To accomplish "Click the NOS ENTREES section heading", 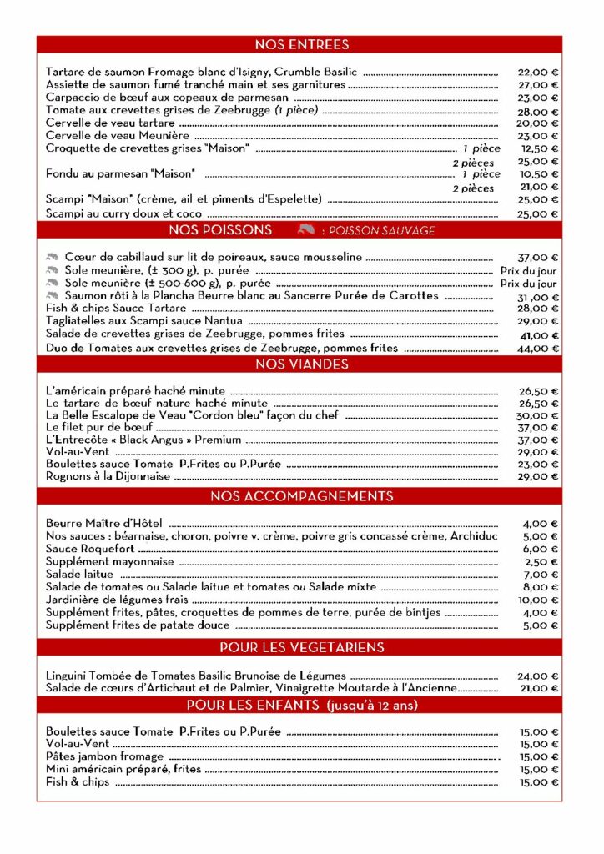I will [x=301, y=44].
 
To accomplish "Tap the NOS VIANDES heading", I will [x=301, y=364].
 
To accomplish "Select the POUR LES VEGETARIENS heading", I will [x=301, y=647].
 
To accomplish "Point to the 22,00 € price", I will [x=537, y=72].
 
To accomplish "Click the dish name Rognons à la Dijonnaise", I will [x=108, y=476].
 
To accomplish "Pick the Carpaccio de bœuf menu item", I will [x=167, y=98].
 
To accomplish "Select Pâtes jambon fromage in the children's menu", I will [x=104, y=756].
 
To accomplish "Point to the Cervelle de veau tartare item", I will [x=110, y=123].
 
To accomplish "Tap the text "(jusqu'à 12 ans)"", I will [x=372, y=706].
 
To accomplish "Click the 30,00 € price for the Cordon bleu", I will [x=537, y=415].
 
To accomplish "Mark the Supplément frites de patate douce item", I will [x=138, y=625].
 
